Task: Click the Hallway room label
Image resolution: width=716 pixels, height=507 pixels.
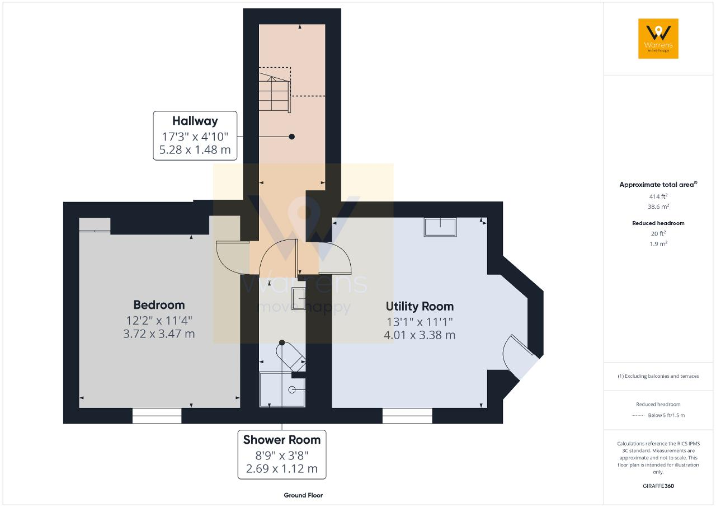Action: point(195,121)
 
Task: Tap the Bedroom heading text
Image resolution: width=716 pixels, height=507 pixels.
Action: point(159,305)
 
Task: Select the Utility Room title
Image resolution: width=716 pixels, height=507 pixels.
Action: point(420,307)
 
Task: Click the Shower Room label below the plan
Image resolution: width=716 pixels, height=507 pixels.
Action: point(281,440)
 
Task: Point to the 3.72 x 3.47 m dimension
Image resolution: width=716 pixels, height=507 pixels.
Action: point(159,334)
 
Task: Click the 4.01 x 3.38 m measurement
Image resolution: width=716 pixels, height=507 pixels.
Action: point(420,335)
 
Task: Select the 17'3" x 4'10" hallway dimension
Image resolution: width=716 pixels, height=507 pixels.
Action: point(195,137)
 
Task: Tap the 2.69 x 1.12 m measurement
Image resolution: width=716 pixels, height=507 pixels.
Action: point(281,468)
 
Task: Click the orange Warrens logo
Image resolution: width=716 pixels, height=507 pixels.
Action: point(658,39)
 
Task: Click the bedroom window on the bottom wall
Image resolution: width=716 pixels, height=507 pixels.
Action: point(157,416)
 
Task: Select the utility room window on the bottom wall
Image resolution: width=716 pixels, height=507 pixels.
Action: point(407,416)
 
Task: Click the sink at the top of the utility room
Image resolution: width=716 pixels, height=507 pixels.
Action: point(440,227)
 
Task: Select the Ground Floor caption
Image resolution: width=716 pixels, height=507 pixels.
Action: point(303,495)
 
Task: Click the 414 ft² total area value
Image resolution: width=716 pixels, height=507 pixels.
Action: point(658,196)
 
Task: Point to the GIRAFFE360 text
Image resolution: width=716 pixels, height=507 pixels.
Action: point(658,486)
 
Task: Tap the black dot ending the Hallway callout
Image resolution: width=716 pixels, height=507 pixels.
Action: point(291,137)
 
